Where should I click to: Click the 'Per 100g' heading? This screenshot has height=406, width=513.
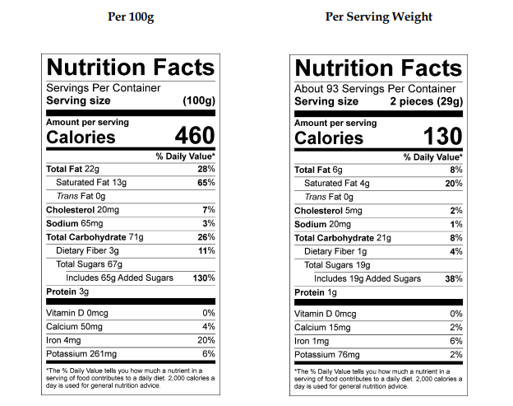(132, 16)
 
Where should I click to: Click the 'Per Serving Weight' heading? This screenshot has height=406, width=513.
(378, 16)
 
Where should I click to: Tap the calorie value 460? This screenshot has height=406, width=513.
(194, 136)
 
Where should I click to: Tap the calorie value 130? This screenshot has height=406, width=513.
(442, 136)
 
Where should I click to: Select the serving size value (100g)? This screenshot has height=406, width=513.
(198, 101)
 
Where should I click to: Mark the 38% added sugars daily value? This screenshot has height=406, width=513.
(452, 278)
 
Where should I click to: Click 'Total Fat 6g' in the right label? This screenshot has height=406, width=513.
(318, 170)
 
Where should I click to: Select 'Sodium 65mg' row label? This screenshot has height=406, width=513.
(74, 223)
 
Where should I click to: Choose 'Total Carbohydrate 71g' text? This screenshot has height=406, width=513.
(95, 237)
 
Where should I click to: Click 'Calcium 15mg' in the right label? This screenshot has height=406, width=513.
(322, 327)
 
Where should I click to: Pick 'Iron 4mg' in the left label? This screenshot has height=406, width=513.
(63, 339)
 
